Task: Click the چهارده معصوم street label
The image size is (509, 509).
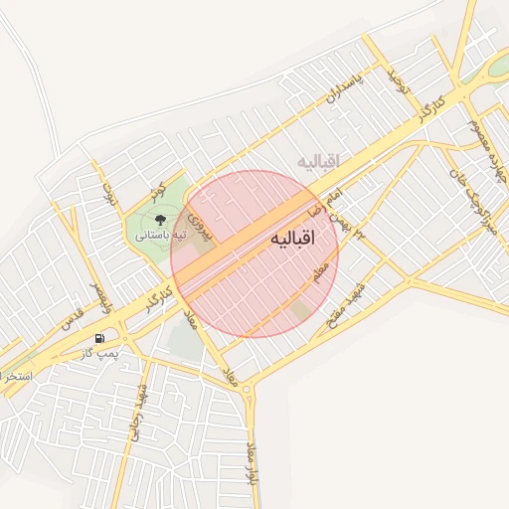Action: [x=482, y=130]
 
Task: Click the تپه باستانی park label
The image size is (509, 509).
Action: [x=161, y=237]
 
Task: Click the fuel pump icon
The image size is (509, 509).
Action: [x=99, y=339]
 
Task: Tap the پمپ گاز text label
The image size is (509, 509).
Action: [x=99, y=354]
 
